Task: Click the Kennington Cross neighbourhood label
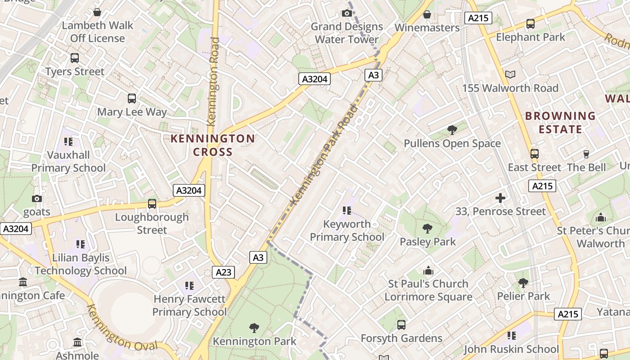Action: pos(212,145)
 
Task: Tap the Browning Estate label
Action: pos(560,122)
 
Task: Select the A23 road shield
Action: pos(223,272)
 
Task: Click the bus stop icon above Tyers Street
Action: pos(75,58)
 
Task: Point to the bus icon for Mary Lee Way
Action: pos(132,99)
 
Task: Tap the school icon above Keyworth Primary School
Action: pos(346,210)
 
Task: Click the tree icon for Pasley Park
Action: pos(427,228)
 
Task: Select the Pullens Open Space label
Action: pos(452,144)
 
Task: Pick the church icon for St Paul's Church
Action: pos(428,270)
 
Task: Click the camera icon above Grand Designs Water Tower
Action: pos(346,13)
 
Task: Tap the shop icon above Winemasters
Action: pos(427,14)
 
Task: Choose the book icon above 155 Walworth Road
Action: pos(510,74)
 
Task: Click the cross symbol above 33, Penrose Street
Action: pos(500,198)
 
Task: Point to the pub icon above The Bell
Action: pos(586,154)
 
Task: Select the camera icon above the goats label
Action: pos(37,198)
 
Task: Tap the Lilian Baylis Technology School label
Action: pos(81,264)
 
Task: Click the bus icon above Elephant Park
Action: pos(530,24)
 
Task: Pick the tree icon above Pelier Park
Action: pos(523,283)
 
